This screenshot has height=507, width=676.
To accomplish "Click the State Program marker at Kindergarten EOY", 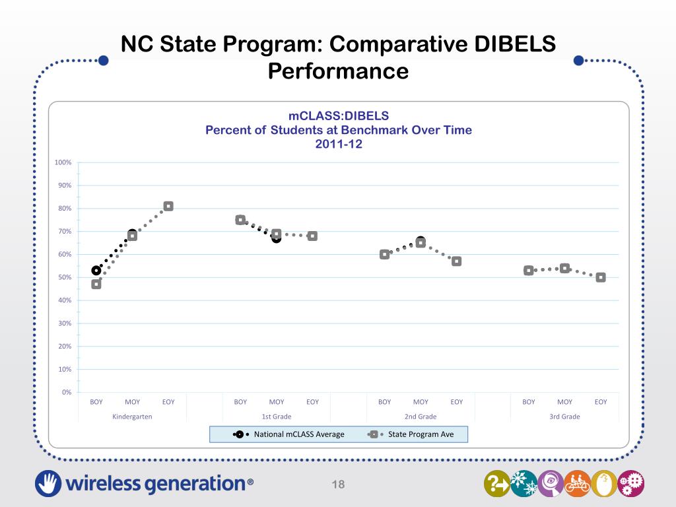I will tap(168, 206).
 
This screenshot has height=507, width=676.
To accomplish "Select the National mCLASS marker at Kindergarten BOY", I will tap(96, 270).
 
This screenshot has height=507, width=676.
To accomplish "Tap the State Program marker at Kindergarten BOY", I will tap(96, 284).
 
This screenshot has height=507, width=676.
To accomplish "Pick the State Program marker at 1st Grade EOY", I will tap(312, 236).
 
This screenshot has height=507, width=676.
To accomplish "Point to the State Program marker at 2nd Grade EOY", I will tap(456, 261).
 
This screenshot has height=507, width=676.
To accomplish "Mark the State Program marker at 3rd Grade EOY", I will tap(601, 277).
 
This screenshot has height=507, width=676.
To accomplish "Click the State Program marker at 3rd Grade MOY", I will tap(564, 268).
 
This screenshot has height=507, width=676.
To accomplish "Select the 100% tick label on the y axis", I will tap(63, 162).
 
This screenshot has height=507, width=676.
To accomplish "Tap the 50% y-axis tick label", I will tap(65, 277).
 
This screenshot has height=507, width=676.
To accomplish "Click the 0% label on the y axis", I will tap(67, 392).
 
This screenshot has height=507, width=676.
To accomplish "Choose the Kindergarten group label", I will tap(132, 417).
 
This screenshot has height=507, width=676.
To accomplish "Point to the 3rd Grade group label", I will tap(564, 417).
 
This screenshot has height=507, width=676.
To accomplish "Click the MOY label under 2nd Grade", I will tap(421, 401).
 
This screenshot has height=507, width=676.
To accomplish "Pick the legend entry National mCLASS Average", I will tap(298, 434).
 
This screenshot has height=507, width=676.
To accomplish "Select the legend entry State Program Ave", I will tap(421, 434).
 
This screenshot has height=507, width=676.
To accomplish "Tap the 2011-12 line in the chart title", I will tap(339, 144).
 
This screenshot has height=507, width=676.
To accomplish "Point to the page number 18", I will tap(339, 485).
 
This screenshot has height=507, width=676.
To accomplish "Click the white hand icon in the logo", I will tap(48, 483).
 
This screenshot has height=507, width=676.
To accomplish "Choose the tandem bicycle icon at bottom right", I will tap(576, 484).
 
